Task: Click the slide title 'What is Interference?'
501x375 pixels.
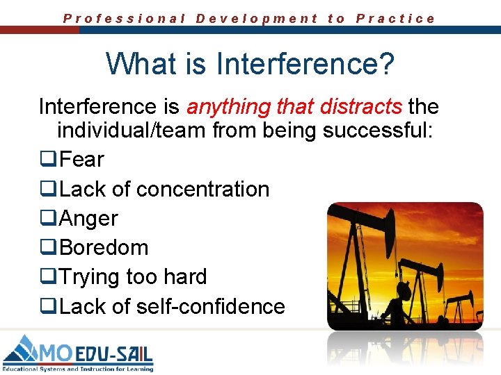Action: point(250,64)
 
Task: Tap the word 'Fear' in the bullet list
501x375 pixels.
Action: point(81,160)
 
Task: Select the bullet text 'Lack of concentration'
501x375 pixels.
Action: point(164,189)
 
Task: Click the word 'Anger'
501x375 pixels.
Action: point(89,218)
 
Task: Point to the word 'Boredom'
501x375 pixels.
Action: point(104,247)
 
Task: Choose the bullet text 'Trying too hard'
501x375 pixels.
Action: point(133,276)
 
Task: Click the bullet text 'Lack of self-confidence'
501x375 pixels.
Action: point(172,306)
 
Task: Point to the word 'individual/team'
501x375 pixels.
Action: point(129,131)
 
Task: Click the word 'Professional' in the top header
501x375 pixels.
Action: point(125,19)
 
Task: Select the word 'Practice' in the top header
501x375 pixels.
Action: point(395,19)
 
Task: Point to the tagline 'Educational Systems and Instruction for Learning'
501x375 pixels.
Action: point(78,368)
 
